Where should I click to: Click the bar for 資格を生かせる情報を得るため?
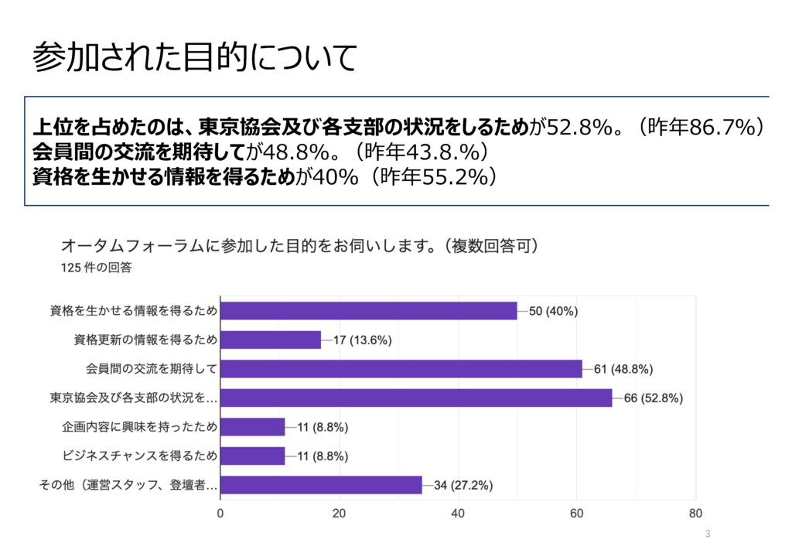(x=368, y=311)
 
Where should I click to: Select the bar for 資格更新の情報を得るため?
(x=271, y=340)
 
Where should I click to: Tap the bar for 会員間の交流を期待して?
(x=401, y=369)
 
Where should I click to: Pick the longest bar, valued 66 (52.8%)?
(x=415, y=398)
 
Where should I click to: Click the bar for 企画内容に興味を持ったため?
(x=253, y=427)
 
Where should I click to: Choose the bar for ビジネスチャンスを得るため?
(x=253, y=456)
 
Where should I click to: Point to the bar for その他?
(x=321, y=485)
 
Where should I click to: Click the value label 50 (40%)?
(x=553, y=311)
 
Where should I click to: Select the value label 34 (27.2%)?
(x=463, y=485)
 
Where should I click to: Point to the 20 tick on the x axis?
(x=339, y=513)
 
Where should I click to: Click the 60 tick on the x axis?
(x=576, y=513)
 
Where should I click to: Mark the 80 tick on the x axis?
(x=695, y=513)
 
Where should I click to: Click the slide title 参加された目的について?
(x=195, y=57)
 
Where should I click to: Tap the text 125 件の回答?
(x=96, y=268)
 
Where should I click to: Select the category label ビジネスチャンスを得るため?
(x=139, y=456)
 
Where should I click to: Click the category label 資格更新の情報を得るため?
(x=145, y=340)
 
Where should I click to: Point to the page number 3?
(x=708, y=534)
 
